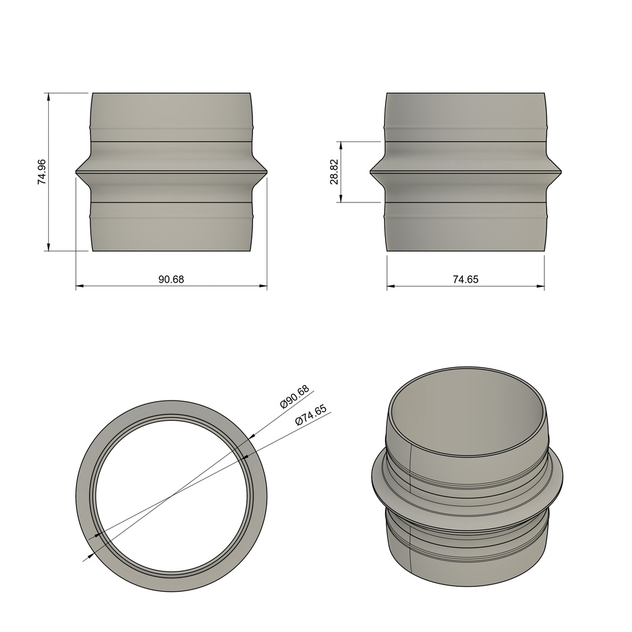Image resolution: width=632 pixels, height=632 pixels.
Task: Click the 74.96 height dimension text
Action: tap(41, 172)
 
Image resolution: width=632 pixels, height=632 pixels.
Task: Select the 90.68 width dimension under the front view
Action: tap(171, 279)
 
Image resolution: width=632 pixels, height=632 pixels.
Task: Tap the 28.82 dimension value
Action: tap(334, 172)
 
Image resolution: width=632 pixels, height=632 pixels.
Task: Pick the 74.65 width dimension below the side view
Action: tap(465, 279)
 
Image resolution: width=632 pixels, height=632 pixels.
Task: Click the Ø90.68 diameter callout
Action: tap(295, 397)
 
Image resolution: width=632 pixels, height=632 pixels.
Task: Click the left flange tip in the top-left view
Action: tap(77, 171)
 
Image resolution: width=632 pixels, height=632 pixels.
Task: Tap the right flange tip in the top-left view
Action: tap(267, 171)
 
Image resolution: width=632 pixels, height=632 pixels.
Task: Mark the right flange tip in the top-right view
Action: tap(560, 171)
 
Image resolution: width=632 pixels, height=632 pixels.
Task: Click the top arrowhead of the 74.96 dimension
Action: tap(48, 96)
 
